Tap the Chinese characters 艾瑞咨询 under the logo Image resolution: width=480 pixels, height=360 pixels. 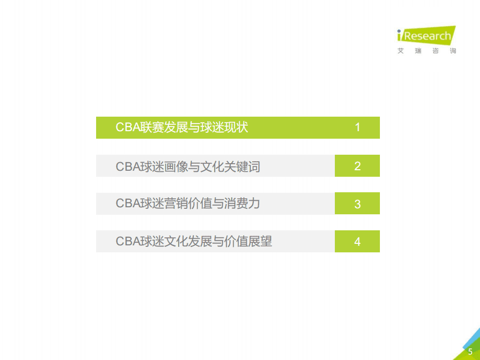click(426, 51)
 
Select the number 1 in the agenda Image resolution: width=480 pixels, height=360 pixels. click(357, 127)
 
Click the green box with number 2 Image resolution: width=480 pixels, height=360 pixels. click(357, 166)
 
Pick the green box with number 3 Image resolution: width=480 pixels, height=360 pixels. click(357, 204)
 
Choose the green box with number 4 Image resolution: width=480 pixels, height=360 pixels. click(357, 241)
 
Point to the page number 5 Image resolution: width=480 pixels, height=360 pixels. click(470, 351)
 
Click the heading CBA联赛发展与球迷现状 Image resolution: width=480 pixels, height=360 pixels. click(182, 127)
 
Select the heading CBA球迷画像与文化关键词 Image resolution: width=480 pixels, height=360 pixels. click(188, 166)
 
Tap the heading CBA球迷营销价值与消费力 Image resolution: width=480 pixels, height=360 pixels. click(188, 204)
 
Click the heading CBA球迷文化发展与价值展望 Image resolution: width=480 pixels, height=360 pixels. click(194, 241)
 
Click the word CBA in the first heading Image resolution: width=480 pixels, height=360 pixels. click(128, 127)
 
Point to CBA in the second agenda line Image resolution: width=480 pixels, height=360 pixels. click(128, 166)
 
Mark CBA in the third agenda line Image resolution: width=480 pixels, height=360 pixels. click(128, 204)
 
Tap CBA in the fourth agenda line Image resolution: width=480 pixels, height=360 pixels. click(128, 241)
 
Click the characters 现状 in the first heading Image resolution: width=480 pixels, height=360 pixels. click(236, 127)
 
